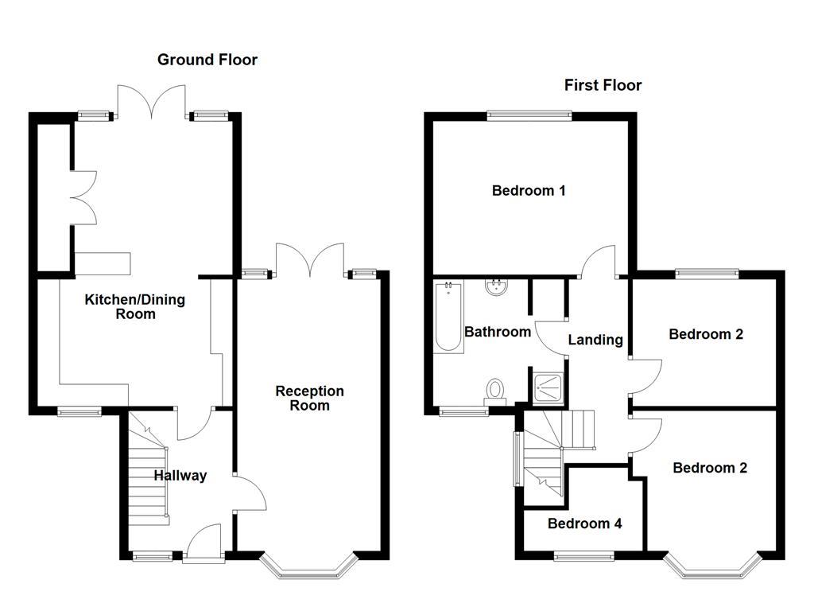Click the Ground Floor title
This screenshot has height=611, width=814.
(x=207, y=60)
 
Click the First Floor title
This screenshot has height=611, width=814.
(x=603, y=85)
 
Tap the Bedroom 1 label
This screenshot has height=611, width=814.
(x=529, y=191)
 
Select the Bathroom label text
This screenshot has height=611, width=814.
(x=498, y=332)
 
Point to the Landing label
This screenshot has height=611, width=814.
(x=595, y=340)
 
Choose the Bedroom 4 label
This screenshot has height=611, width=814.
(x=584, y=523)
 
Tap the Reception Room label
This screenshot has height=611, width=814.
(x=309, y=398)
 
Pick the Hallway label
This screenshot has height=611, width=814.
(x=180, y=476)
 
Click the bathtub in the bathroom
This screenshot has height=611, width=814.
(x=448, y=317)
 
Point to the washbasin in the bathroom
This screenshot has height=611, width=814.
(x=498, y=287)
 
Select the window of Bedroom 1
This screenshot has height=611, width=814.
(x=529, y=115)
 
